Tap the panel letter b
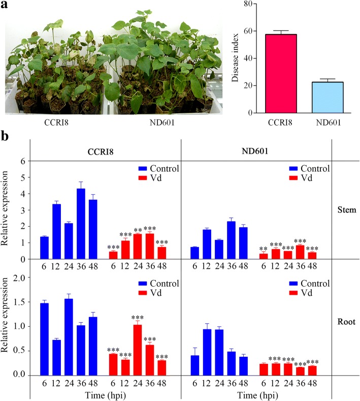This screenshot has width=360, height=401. (5, 136)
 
